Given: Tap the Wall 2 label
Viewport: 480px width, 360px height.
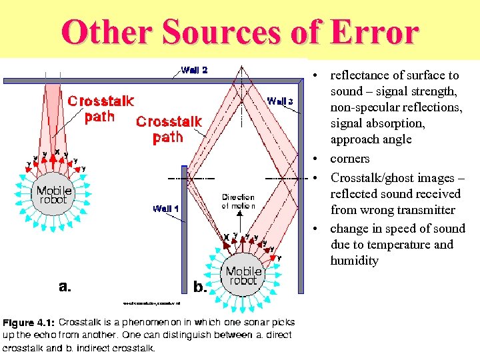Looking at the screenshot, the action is coord(194,69).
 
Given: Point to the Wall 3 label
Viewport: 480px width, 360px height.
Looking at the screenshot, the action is coord(280,101).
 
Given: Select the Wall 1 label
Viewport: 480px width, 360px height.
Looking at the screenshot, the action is coord(166,209).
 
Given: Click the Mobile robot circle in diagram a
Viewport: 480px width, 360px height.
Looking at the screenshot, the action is coord(53,195).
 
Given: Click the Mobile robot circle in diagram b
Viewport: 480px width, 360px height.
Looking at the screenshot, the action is coord(243,275).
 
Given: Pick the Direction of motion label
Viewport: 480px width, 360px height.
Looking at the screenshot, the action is coord(238,201).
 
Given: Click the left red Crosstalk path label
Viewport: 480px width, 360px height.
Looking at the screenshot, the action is coord(101,109).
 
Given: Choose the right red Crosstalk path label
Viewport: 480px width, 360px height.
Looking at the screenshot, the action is coord(169,129).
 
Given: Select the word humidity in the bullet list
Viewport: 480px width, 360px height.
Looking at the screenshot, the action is coord(354,261).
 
